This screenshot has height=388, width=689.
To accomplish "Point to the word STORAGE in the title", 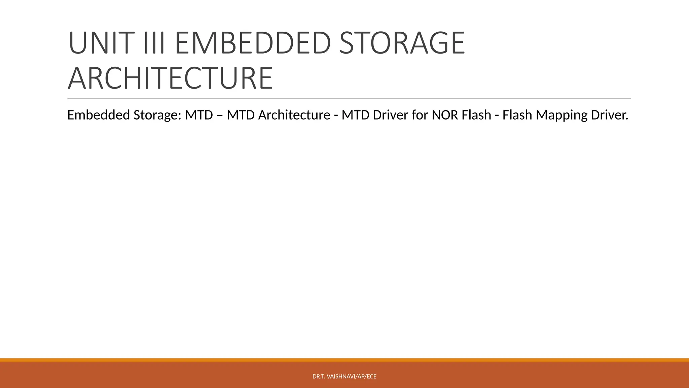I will (402, 43).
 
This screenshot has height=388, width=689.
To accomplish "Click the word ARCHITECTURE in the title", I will (170, 78).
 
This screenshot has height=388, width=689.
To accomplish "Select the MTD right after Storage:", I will (199, 115).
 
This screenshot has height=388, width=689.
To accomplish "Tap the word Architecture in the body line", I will (294, 115).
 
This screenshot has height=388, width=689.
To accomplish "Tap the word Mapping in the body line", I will (559, 115).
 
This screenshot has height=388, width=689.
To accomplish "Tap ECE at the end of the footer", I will (372, 377).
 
